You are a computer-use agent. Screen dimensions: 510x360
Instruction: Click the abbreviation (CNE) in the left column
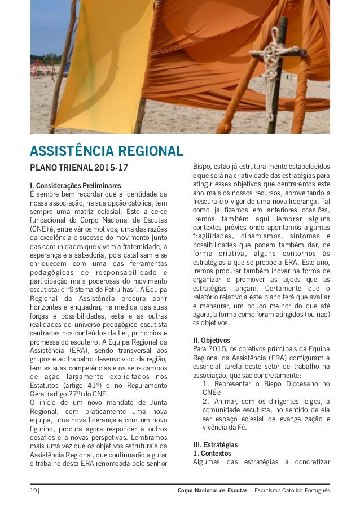[41, 229]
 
